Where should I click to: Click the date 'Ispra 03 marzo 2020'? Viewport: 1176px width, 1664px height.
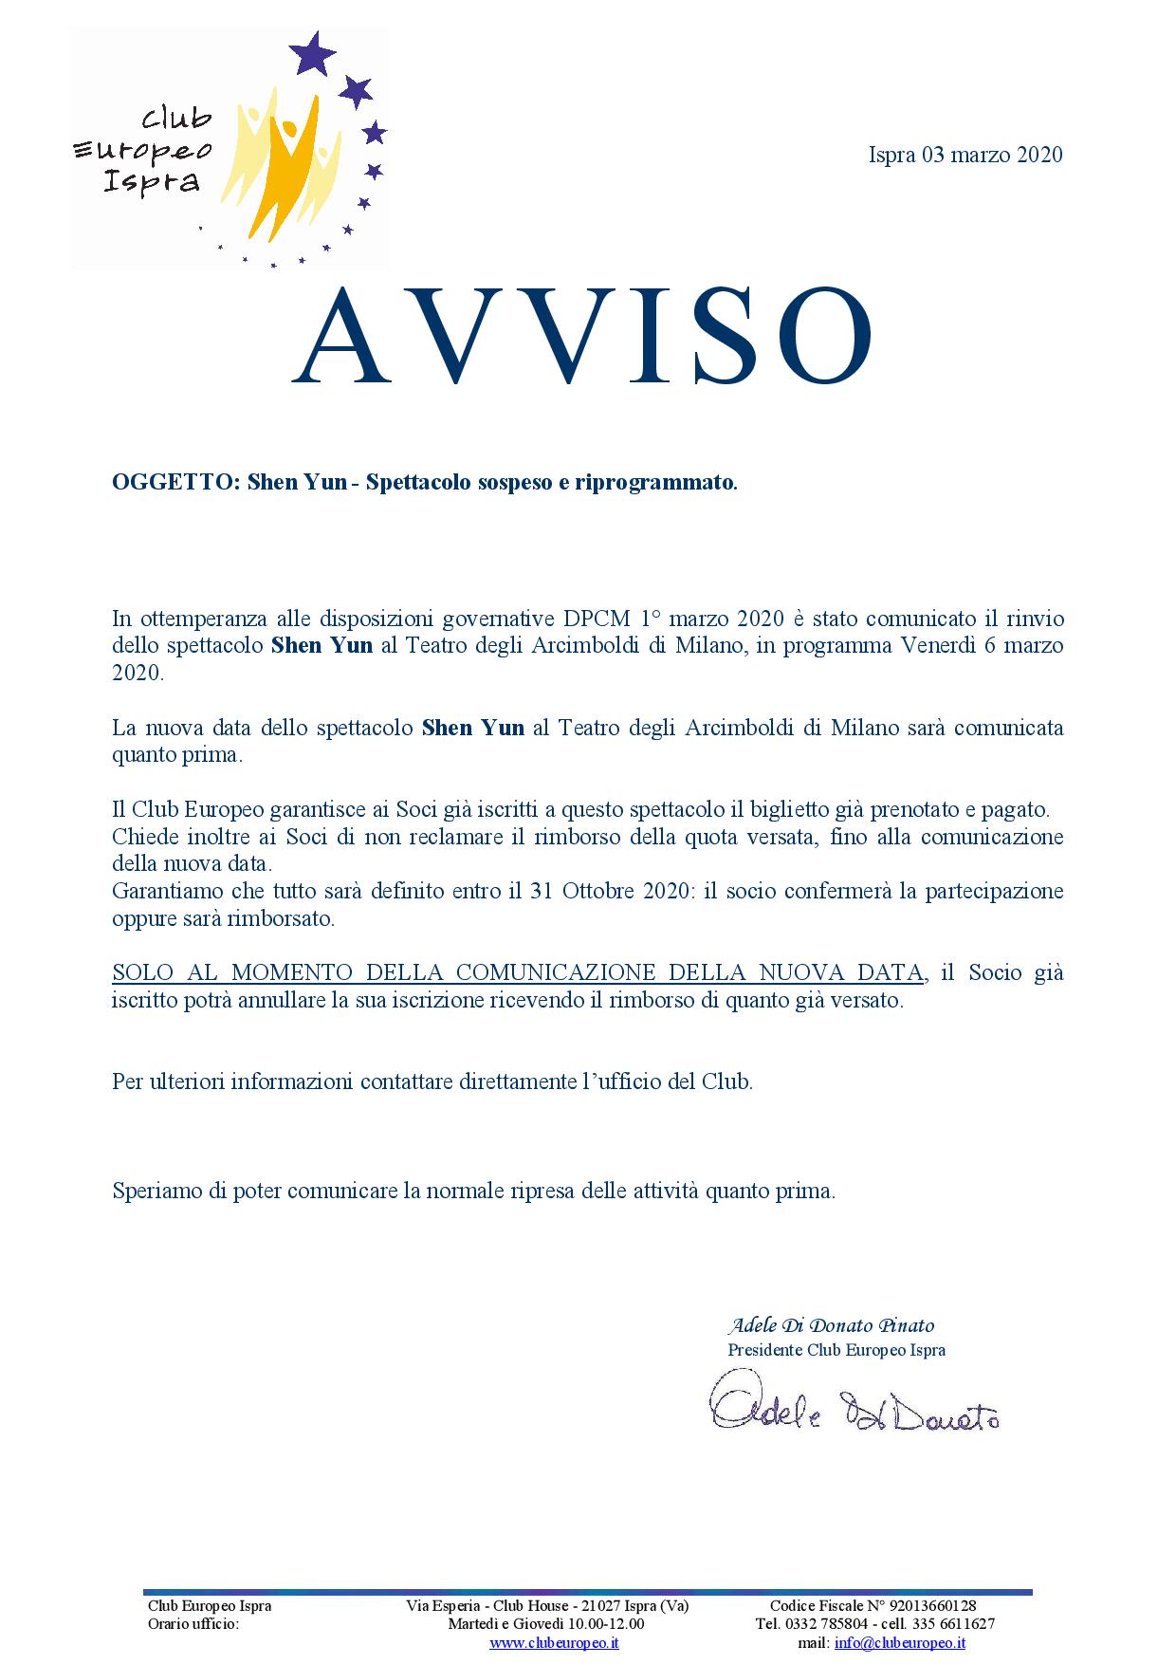pyautogui.click(x=965, y=155)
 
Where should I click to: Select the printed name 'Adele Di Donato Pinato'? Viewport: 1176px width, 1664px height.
pyautogui.click(x=831, y=1325)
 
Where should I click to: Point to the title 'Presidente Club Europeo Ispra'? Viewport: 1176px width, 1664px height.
pyautogui.click(x=836, y=1350)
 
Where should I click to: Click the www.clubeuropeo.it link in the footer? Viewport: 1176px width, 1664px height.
pyautogui.click(x=554, y=1642)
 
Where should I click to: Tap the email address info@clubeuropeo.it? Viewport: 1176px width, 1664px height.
pyautogui.click(x=899, y=1642)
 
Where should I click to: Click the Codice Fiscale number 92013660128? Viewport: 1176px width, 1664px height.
pyautogui.click(x=930, y=1606)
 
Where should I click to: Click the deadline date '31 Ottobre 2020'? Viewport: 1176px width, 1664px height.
pyautogui.click(x=622, y=892)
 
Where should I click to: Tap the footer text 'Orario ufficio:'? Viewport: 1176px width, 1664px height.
pyautogui.click(x=193, y=1624)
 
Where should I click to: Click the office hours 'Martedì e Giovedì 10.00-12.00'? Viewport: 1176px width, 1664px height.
pyautogui.click(x=546, y=1624)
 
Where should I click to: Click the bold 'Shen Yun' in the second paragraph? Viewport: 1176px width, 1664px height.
pyautogui.click(x=472, y=729)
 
